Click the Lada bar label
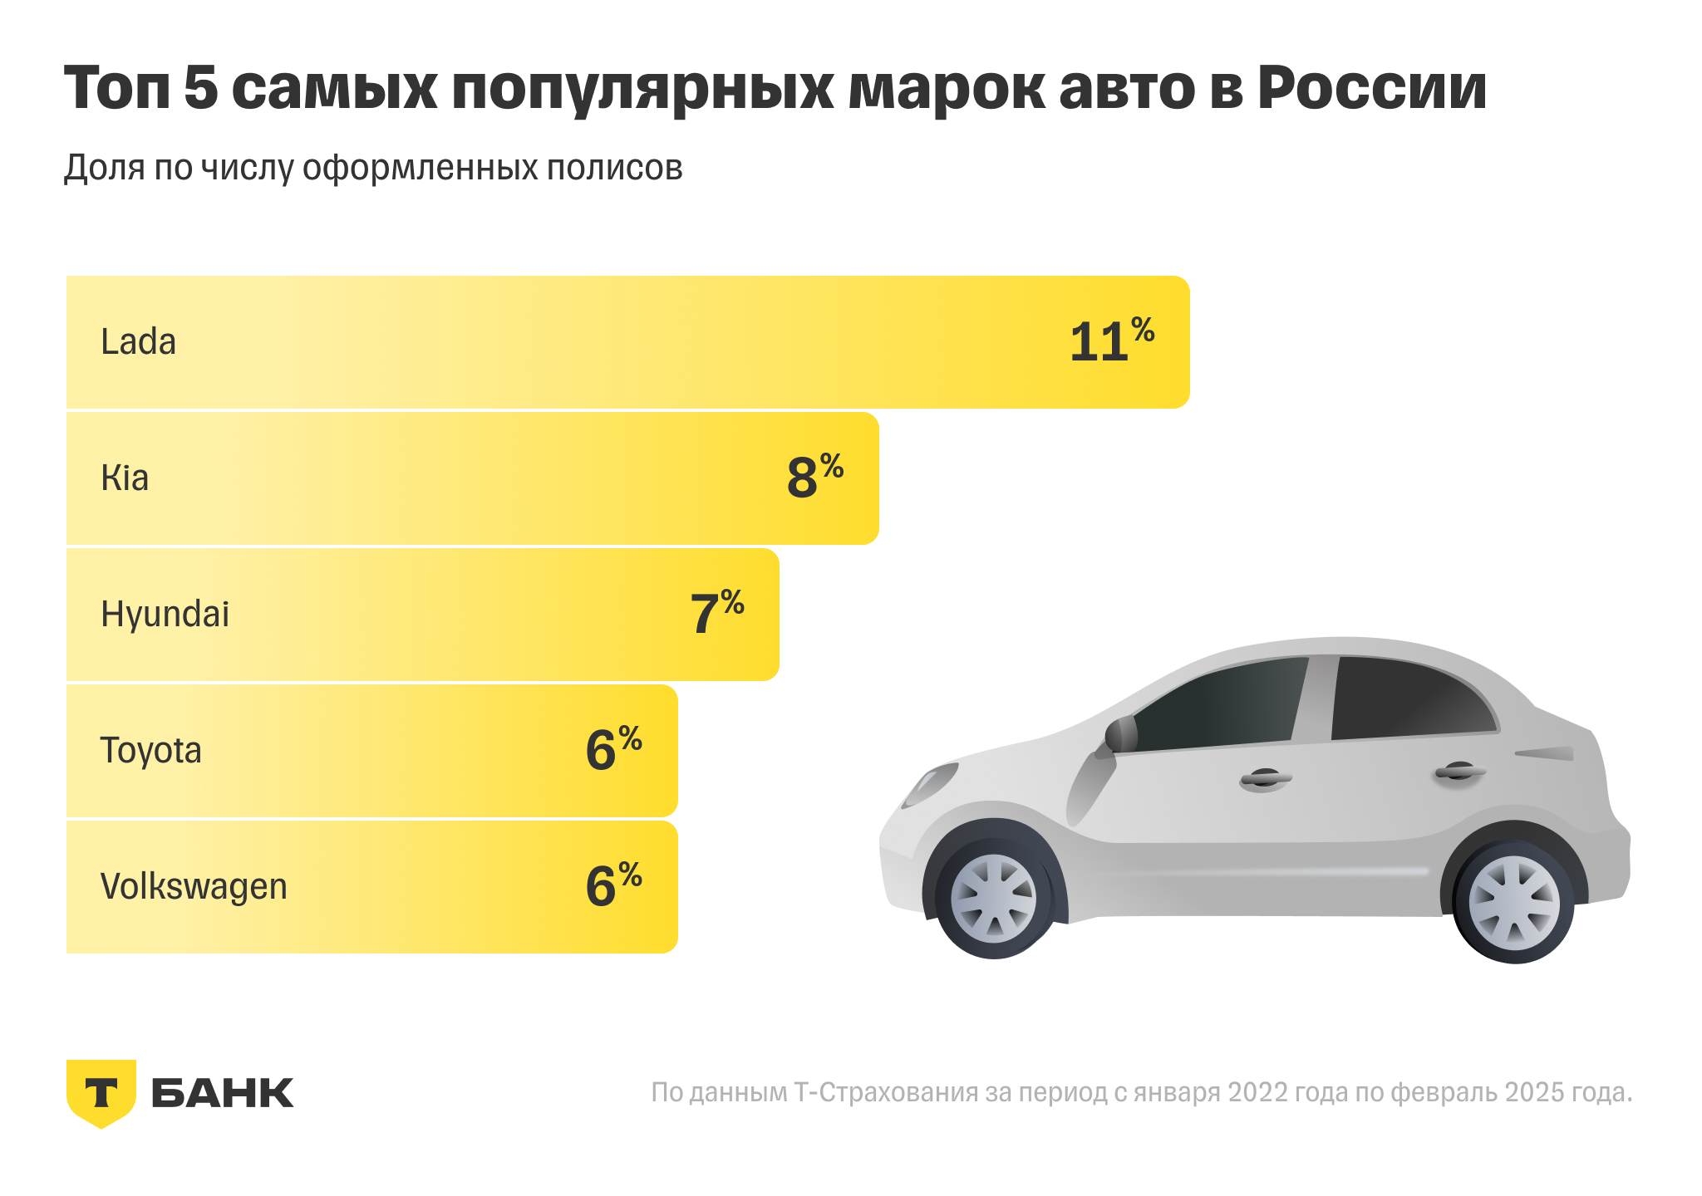click(x=138, y=341)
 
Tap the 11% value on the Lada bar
click(x=1110, y=340)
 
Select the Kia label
click(x=125, y=478)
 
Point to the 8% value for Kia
click(x=814, y=476)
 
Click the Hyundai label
click(x=165, y=614)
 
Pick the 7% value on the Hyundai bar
click(x=716, y=613)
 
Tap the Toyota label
click(x=150, y=750)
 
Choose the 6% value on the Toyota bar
click(x=613, y=749)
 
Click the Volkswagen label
click(x=194, y=886)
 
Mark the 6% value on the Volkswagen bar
click(x=613, y=885)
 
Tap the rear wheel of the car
click(x=1514, y=904)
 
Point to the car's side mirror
click(x=1121, y=735)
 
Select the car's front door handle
click(x=1265, y=779)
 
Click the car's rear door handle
click(x=1459, y=772)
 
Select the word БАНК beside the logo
click(x=223, y=1093)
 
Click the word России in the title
click(x=1371, y=87)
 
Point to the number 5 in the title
click(x=200, y=87)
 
